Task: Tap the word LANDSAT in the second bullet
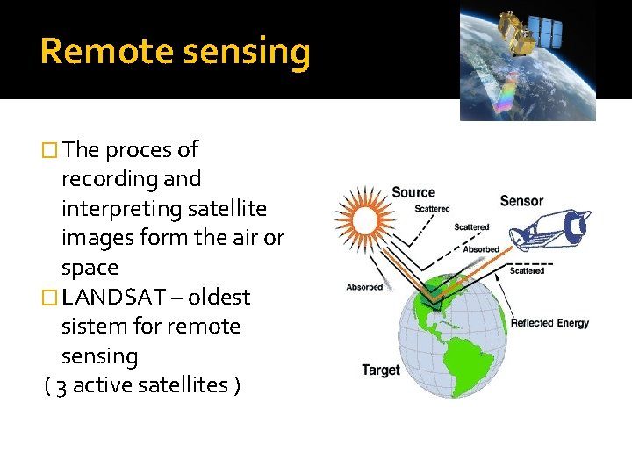point(118,297)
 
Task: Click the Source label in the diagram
point(413,193)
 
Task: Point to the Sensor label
point(521,201)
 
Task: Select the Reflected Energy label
point(549,323)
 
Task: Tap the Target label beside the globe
point(381,370)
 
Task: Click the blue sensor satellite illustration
point(552,230)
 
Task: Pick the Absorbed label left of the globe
point(364,287)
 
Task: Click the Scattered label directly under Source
point(432,209)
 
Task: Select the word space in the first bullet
point(90,268)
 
